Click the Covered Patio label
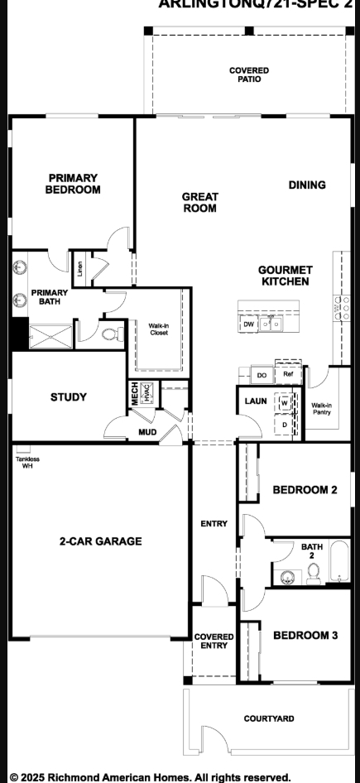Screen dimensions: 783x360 tap(249, 75)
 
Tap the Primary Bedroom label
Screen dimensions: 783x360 tap(73, 184)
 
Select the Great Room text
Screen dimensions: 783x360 tap(200, 203)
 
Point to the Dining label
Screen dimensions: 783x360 tap(307, 185)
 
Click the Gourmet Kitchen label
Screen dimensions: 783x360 tap(285, 276)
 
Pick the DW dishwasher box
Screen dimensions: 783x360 tap(248, 325)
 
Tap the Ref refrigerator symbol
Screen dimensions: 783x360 tap(288, 373)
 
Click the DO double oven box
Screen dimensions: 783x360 tap(262, 375)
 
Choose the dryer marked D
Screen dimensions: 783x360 tap(284, 425)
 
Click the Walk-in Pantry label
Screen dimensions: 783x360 tap(322, 409)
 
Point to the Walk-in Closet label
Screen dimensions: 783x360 tap(159, 329)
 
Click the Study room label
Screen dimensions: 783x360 tap(68, 397)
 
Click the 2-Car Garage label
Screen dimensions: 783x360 tap(100, 541)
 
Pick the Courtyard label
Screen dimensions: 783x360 tap(268, 718)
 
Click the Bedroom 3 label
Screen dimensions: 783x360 tap(305, 636)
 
